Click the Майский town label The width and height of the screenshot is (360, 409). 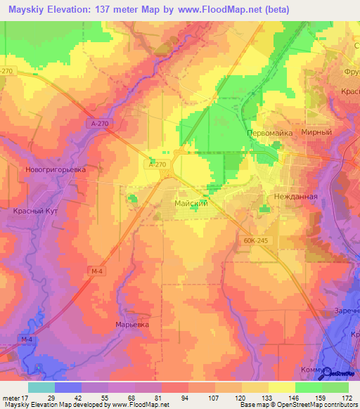pos(190,203)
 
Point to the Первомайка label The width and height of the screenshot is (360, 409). pos(269,133)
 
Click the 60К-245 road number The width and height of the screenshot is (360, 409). pos(258,240)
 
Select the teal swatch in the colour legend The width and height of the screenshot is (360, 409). pos(41,387)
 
